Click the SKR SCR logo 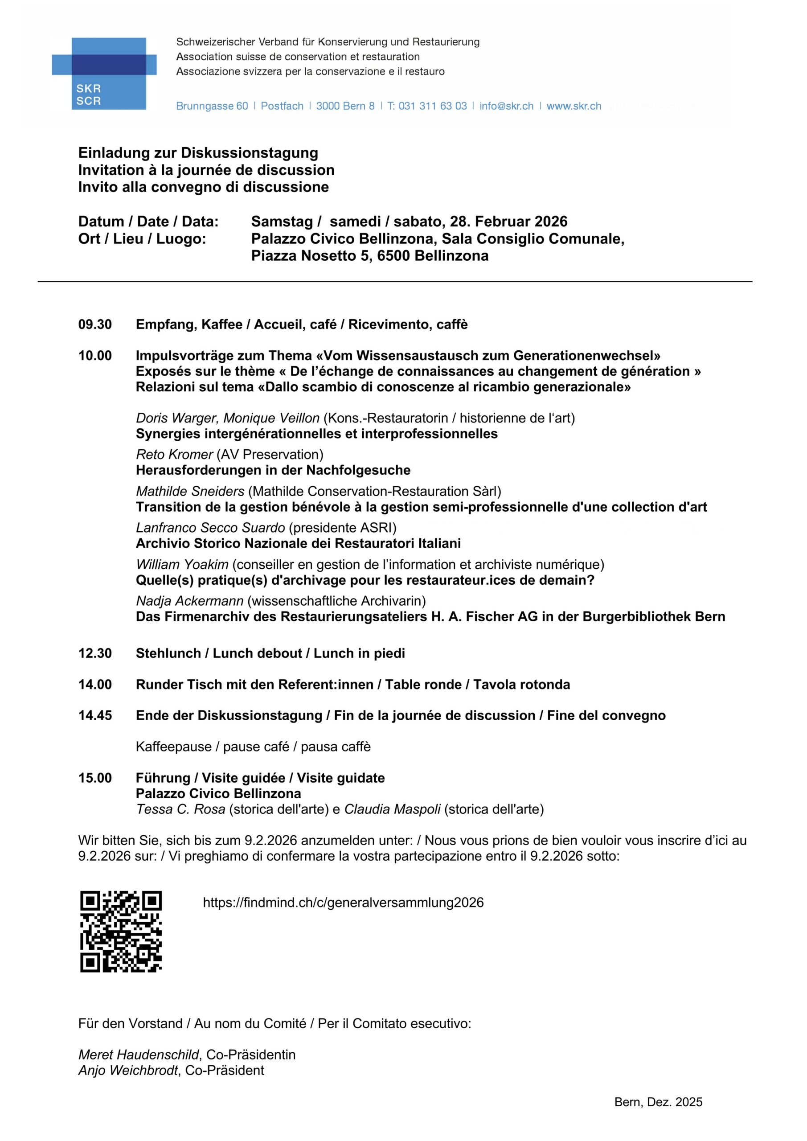pyautogui.click(x=104, y=73)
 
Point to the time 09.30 pyautogui.click(x=95, y=324)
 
